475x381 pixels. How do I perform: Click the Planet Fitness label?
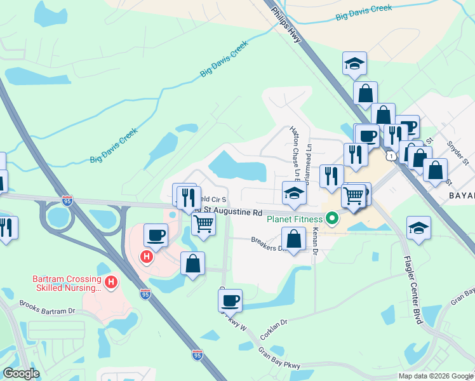click(295, 220)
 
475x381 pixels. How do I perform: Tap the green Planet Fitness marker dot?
click(331, 220)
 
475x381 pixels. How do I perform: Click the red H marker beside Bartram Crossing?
click(111, 282)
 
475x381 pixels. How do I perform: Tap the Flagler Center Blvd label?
click(412, 290)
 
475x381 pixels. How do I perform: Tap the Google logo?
click(22, 373)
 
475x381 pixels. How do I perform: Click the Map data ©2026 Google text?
click(436, 376)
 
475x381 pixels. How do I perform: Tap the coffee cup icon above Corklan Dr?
click(230, 300)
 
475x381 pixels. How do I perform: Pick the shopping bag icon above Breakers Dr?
click(293, 239)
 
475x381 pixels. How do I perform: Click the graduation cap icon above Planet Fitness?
click(294, 193)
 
